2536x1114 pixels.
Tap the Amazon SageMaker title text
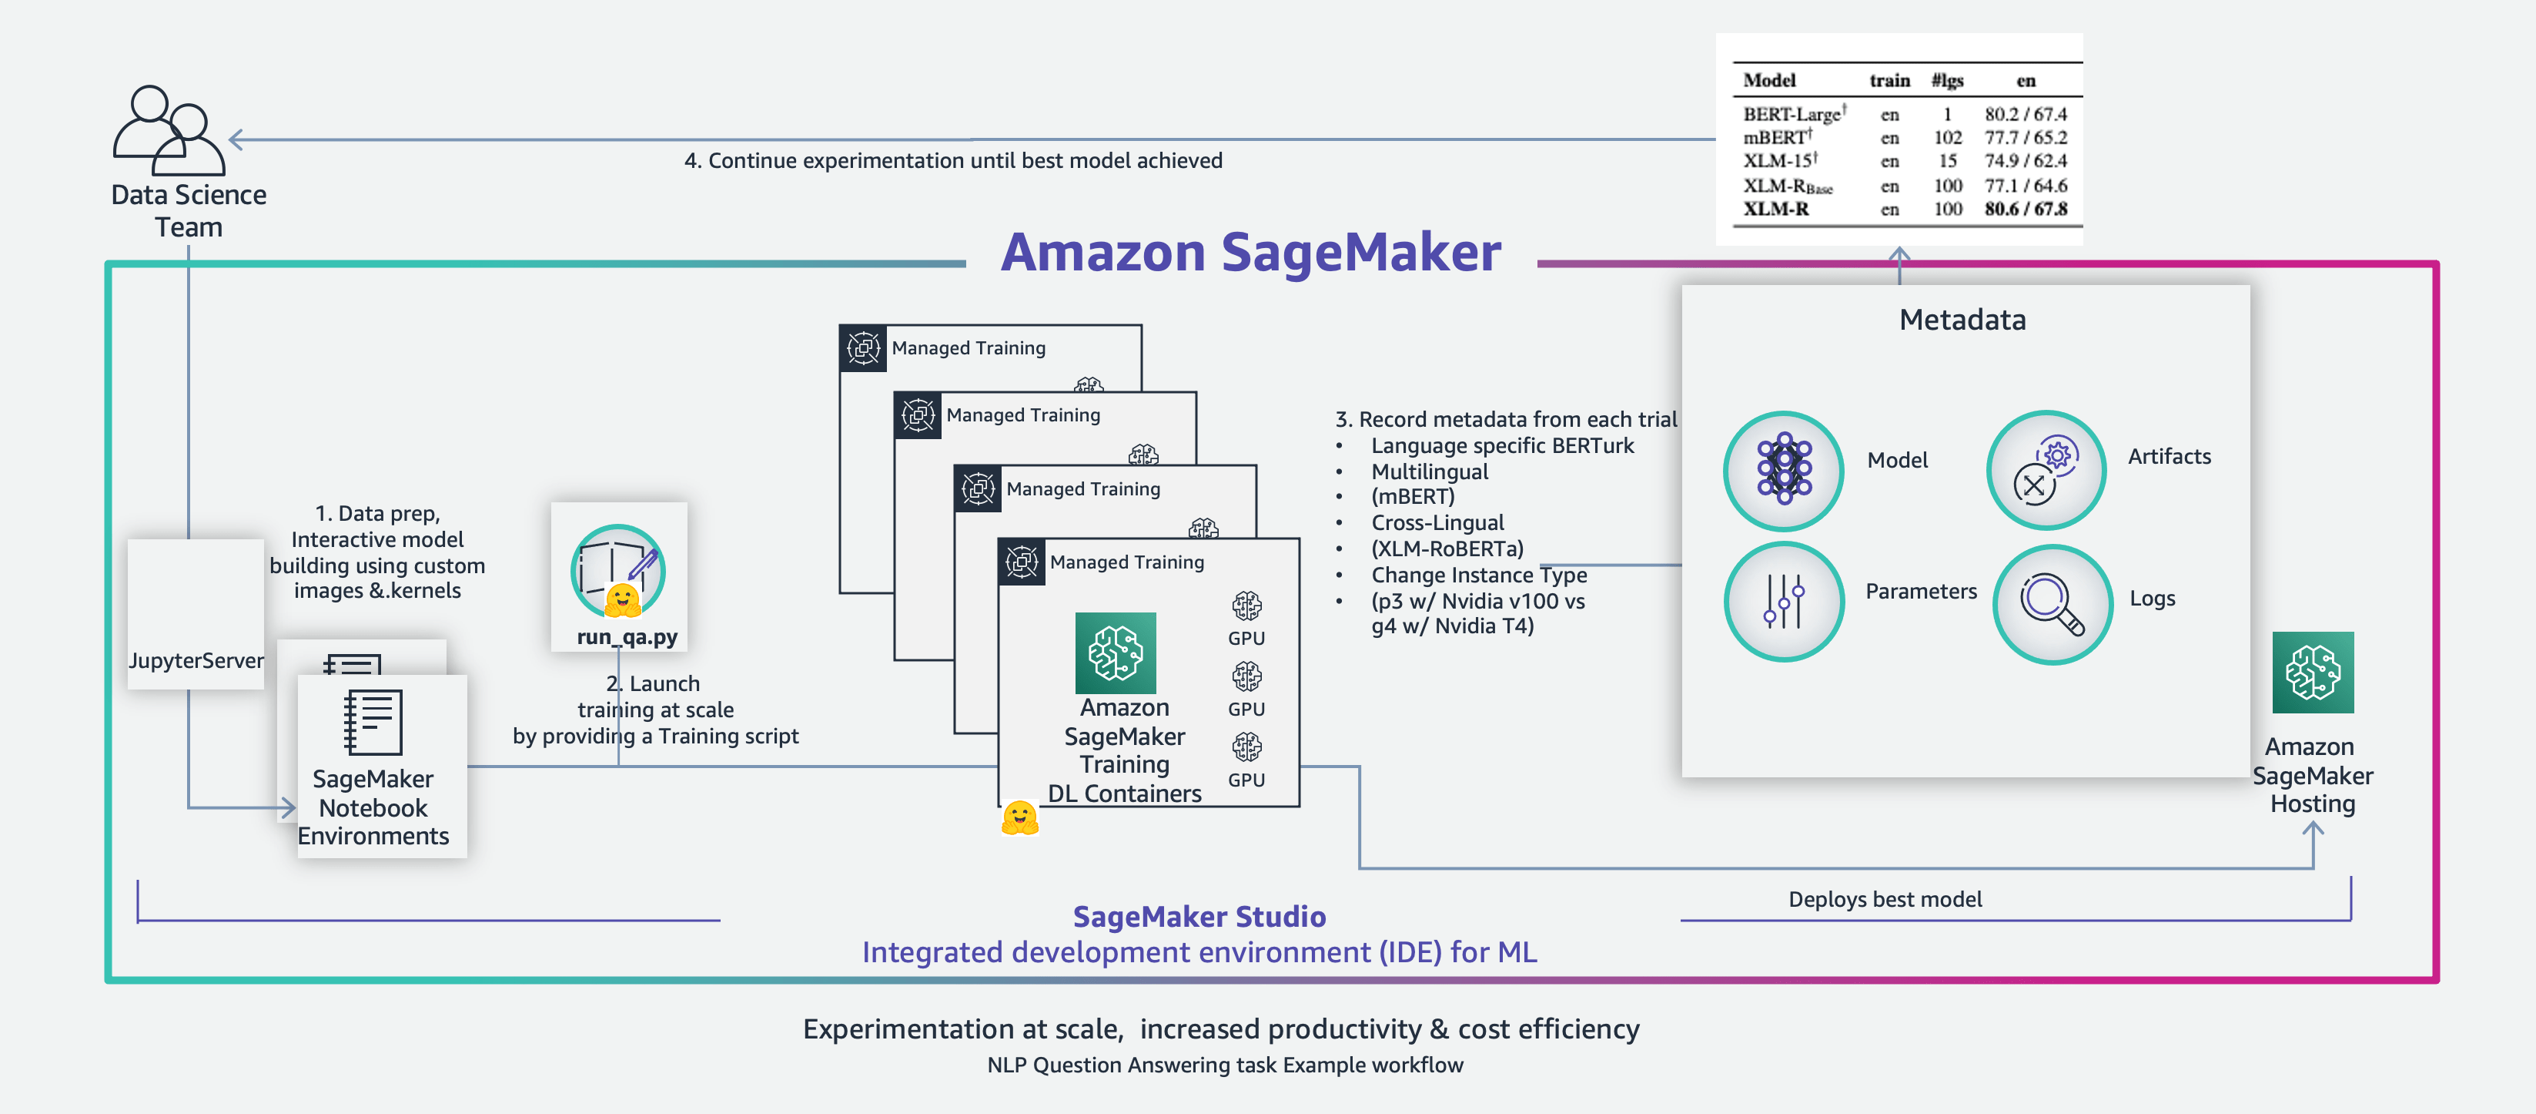click(x=1250, y=252)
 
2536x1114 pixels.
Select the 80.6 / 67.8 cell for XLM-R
click(x=2025, y=209)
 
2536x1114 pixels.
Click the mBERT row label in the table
click(x=1775, y=138)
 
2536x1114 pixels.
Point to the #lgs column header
click(x=1946, y=81)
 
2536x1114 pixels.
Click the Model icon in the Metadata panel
click(x=1783, y=470)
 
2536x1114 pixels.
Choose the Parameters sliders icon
click(x=1783, y=601)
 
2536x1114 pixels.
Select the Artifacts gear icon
click(x=2046, y=470)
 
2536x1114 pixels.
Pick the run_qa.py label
click(x=627, y=637)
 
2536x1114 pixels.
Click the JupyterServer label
click(x=196, y=660)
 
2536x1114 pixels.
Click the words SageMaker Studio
click(x=1198, y=916)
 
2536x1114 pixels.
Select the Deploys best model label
click(x=1884, y=899)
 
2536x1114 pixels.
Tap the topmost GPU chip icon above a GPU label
click(x=1246, y=605)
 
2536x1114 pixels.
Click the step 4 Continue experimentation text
click(x=953, y=160)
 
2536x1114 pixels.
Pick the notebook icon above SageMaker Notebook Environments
click(x=372, y=722)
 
